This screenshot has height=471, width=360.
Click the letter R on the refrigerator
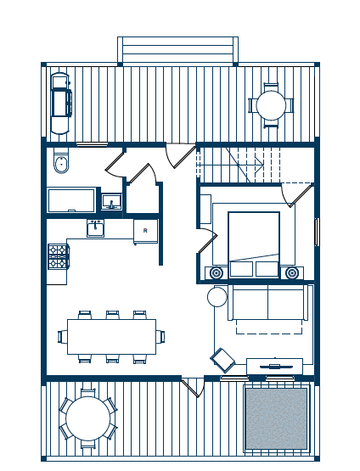(145, 231)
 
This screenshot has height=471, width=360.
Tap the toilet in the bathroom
(61, 161)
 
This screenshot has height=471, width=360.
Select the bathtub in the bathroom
(71, 200)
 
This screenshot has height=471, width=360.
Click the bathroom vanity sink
(111, 202)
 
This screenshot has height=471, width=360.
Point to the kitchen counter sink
(96, 228)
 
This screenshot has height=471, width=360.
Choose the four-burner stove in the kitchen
(58, 256)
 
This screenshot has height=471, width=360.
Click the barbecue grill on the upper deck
(61, 103)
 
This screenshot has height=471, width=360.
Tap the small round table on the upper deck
(271, 106)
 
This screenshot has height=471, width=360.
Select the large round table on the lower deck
(88, 418)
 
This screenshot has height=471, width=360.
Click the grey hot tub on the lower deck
(276, 418)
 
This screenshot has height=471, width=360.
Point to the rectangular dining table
(111, 337)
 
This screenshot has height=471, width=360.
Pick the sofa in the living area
(267, 302)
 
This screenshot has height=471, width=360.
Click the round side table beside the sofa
(217, 297)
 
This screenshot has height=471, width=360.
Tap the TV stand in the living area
(274, 366)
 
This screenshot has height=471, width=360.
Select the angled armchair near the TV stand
(223, 360)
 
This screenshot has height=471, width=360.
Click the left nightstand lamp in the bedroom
(216, 273)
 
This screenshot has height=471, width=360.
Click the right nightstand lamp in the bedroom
(291, 273)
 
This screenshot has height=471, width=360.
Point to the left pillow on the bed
(241, 269)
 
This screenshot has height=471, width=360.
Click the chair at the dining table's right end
(160, 337)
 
